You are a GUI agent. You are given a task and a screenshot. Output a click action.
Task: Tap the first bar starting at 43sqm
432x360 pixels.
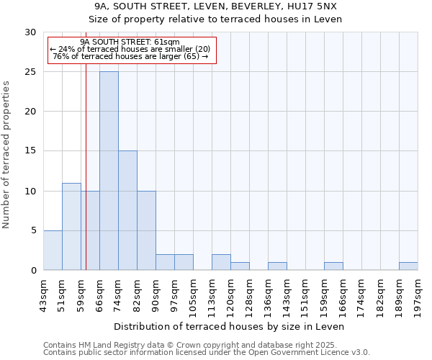tap(53, 250)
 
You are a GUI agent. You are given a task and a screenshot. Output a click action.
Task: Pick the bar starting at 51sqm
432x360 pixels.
tap(71, 226)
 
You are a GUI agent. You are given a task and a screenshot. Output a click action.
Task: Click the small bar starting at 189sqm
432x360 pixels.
tap(408, 266)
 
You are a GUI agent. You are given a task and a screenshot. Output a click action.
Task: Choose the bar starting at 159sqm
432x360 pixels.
tap(333, 266)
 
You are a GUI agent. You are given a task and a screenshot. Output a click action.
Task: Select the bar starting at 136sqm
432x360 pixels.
tap(277, 266)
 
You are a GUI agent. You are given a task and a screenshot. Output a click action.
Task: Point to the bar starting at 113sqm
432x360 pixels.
tap(221, 262)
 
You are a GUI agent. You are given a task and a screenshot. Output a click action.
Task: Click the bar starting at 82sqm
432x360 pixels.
tap(146, 230)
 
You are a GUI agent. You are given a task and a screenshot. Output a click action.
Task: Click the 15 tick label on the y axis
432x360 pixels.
tap(30, 151)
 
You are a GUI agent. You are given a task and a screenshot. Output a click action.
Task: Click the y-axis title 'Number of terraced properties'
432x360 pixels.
tap(7, 155)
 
